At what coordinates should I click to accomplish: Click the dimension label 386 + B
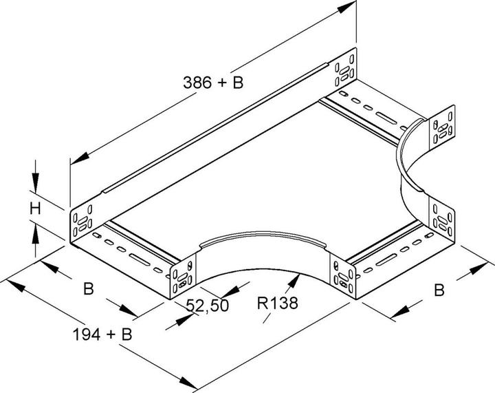tap(213, 84)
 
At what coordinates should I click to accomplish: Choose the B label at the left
tap(89, 289)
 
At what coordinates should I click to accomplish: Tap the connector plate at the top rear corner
tap(346, 70)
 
